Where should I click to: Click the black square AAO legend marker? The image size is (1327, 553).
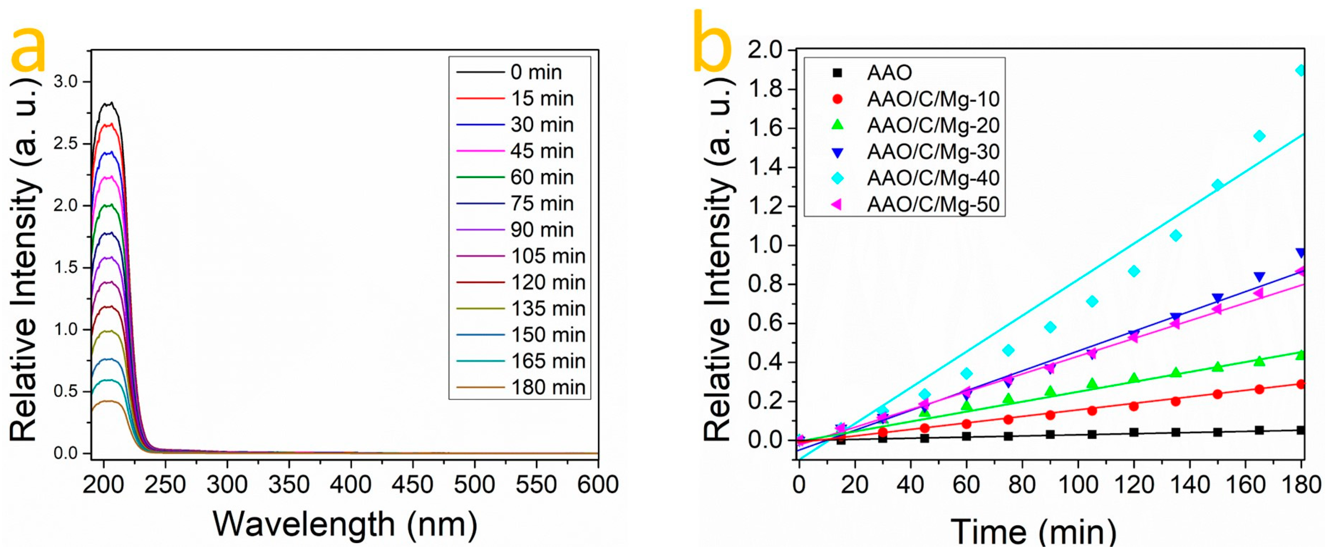(x=838, y=73)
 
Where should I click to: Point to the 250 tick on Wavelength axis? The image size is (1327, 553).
(x=165, y=484)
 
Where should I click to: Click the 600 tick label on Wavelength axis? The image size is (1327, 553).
(x=598, y=484)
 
